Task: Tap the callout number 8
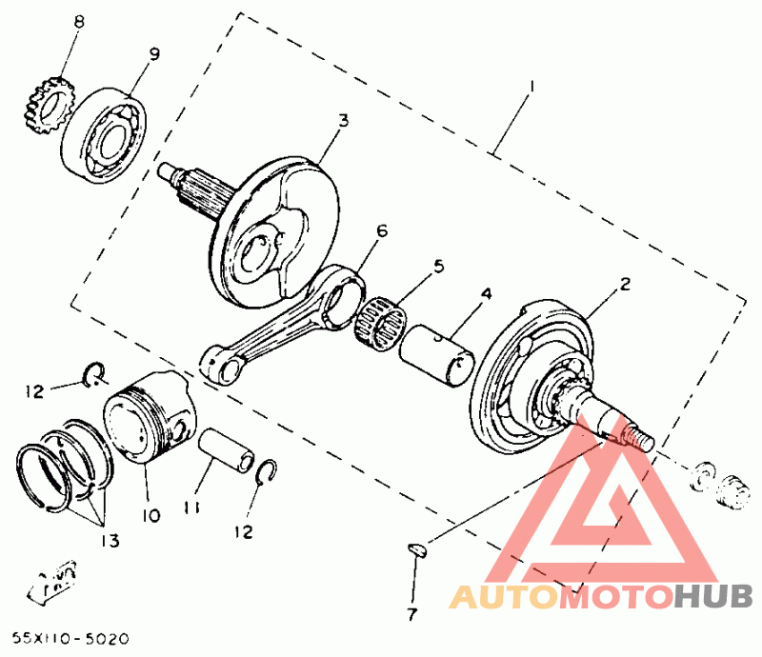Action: pos(78,21)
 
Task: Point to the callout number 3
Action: pos(343,121)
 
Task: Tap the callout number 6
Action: pos(382,231)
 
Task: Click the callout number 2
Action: pos(625,283)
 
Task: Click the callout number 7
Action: pos(411,614)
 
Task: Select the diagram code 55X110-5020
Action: pos(70,636)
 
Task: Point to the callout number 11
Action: pos(192,508)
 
